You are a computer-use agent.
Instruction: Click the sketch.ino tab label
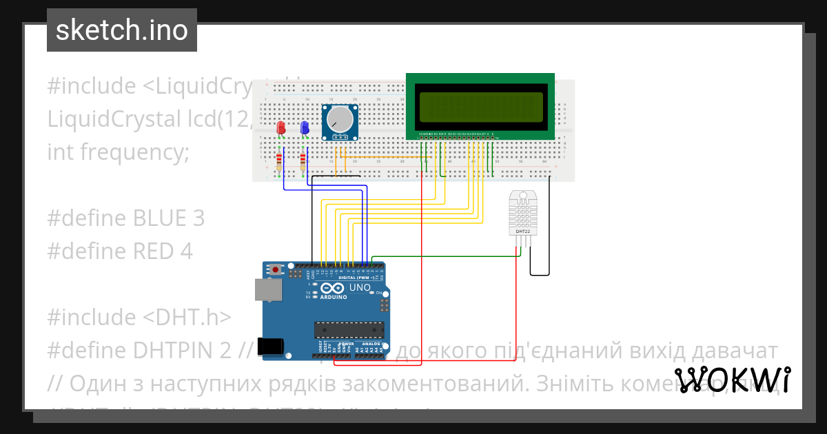pyautogui.click(x=122, y=30)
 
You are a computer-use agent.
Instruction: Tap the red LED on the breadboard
pyautogui.click(x=280, y=129)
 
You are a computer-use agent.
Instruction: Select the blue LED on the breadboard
pyautogui.click(x=304, y=128)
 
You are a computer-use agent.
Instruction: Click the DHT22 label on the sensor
pyautogui.click(x=523, y=231)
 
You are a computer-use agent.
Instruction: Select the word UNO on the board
pyautogui.click(x=360, y=287)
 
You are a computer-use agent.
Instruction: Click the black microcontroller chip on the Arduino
pyautogui.click(x=349, y=330)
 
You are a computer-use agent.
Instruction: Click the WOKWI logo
pyautogui.click(x=733, y=380)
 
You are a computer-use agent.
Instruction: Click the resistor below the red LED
pyautogui.click(x=279, y=162)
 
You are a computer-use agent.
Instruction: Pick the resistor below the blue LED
pyautogui.click(x=304, y=162)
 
